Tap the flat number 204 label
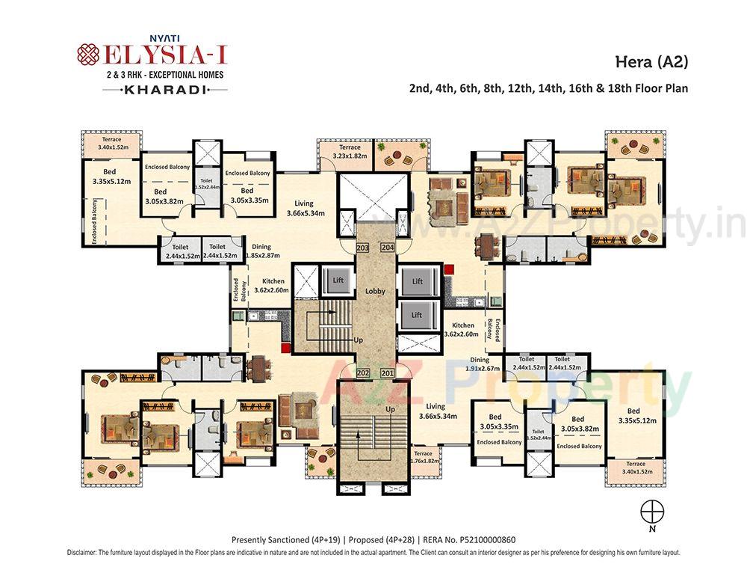[387, 248]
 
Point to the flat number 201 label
[387, 373]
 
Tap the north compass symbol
[651, 511]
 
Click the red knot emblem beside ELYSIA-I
[88, 55]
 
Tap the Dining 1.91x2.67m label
[480, 364]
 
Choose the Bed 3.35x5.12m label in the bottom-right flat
[633, 416]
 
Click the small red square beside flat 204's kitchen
[449, 269]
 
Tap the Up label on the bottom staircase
[390, 410]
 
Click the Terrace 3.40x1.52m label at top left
[111, 144]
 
